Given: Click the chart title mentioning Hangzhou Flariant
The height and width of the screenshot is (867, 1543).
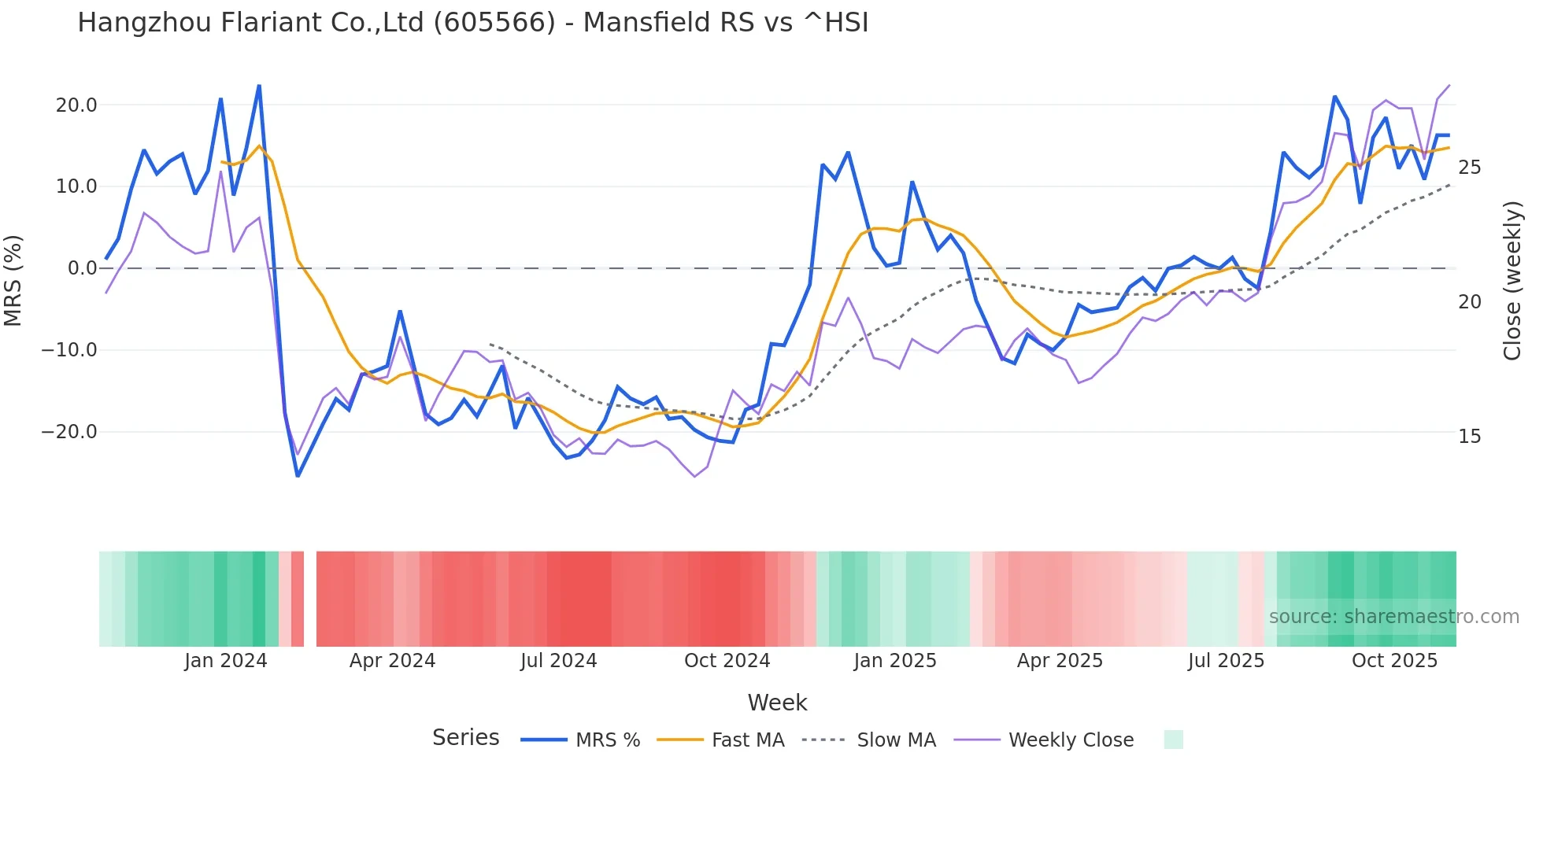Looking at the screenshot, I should click(472, 23).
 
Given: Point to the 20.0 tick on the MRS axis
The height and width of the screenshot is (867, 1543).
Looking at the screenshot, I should click(76, 105).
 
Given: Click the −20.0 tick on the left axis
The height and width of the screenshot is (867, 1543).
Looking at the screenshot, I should click(70, 432).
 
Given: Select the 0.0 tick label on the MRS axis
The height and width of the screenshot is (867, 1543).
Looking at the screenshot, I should click(83, 268).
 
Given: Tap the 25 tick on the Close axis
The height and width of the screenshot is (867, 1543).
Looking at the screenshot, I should click(1469, 168).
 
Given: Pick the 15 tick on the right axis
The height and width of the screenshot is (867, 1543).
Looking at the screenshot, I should click(1469, 437).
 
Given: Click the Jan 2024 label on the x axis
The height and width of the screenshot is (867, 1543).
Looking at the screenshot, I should click(226, 661).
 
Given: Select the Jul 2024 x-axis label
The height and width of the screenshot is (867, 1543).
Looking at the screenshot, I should click(559, 661).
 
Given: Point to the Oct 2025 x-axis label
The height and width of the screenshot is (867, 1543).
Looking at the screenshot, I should click(1394, 661).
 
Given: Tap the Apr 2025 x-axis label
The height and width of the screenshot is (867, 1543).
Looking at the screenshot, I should click(1060, 661).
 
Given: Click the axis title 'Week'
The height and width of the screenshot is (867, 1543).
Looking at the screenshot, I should click(777, 703).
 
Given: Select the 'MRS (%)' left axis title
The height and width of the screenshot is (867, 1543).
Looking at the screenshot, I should click(13, 280).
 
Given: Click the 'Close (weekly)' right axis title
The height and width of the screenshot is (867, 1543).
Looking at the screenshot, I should click(1512, 280).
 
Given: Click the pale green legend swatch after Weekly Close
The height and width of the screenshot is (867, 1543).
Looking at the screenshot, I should click(1173, 740).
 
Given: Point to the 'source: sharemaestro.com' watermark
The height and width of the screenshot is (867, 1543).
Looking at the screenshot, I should click(1393, 617).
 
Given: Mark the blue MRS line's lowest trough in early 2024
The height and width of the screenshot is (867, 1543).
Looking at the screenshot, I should click(298, 475).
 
